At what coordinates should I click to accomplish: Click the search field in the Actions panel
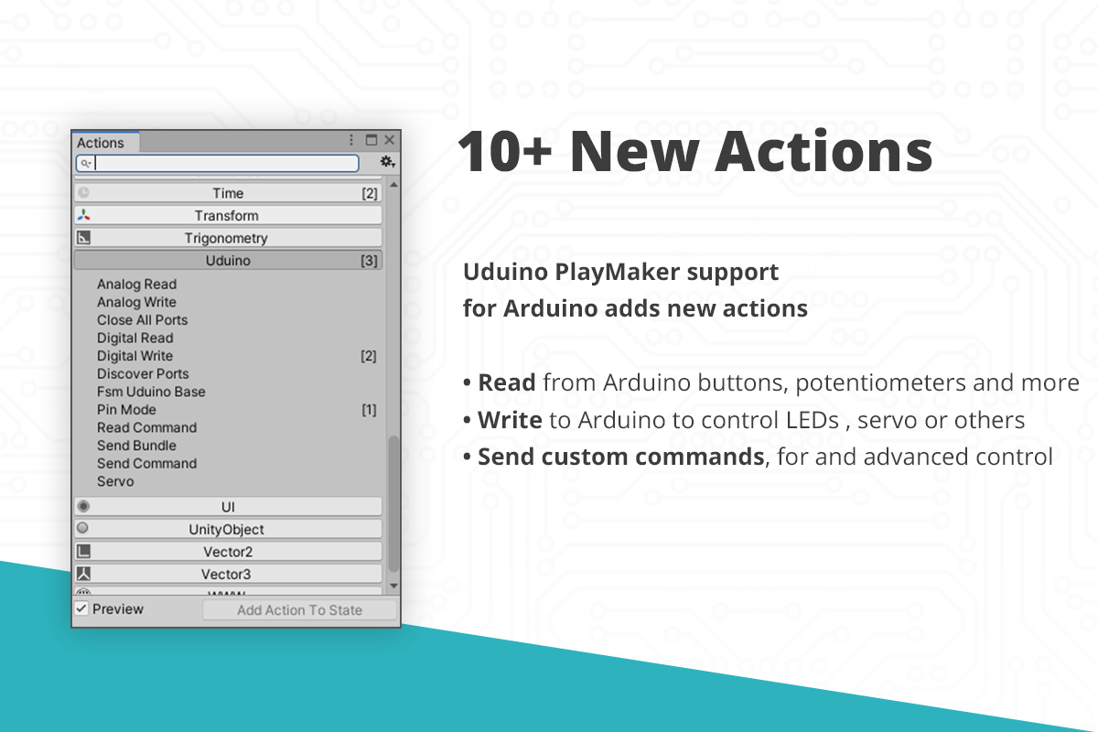(x=218, y=163)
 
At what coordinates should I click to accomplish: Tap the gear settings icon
(x=387, y=161)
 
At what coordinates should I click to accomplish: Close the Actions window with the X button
(x=389, y=140)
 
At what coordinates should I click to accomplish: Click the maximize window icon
(x=371, y=140)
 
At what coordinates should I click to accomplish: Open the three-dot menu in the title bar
(x=351, y=140)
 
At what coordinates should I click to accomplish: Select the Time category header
(x=228, y=193)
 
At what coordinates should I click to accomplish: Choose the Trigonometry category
(x=228, y=238)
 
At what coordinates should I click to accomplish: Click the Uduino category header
(x=228, y=261)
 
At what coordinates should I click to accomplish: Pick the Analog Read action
(x=136, y=285)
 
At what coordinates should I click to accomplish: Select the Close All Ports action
(x=142, y=320)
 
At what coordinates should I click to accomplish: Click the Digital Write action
(x=135, y=356)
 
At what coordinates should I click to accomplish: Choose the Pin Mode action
(x=126, y=410)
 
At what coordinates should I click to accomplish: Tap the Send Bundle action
(x=136, y=446)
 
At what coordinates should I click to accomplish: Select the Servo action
(x=115, y=481)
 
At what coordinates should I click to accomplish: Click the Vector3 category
(x=228, y=574)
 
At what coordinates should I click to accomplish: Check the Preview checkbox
(x=81, y=609)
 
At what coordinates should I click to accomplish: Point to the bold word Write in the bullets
(x=510, y=420)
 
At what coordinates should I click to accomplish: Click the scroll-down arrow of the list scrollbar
(x=393, y=586)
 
